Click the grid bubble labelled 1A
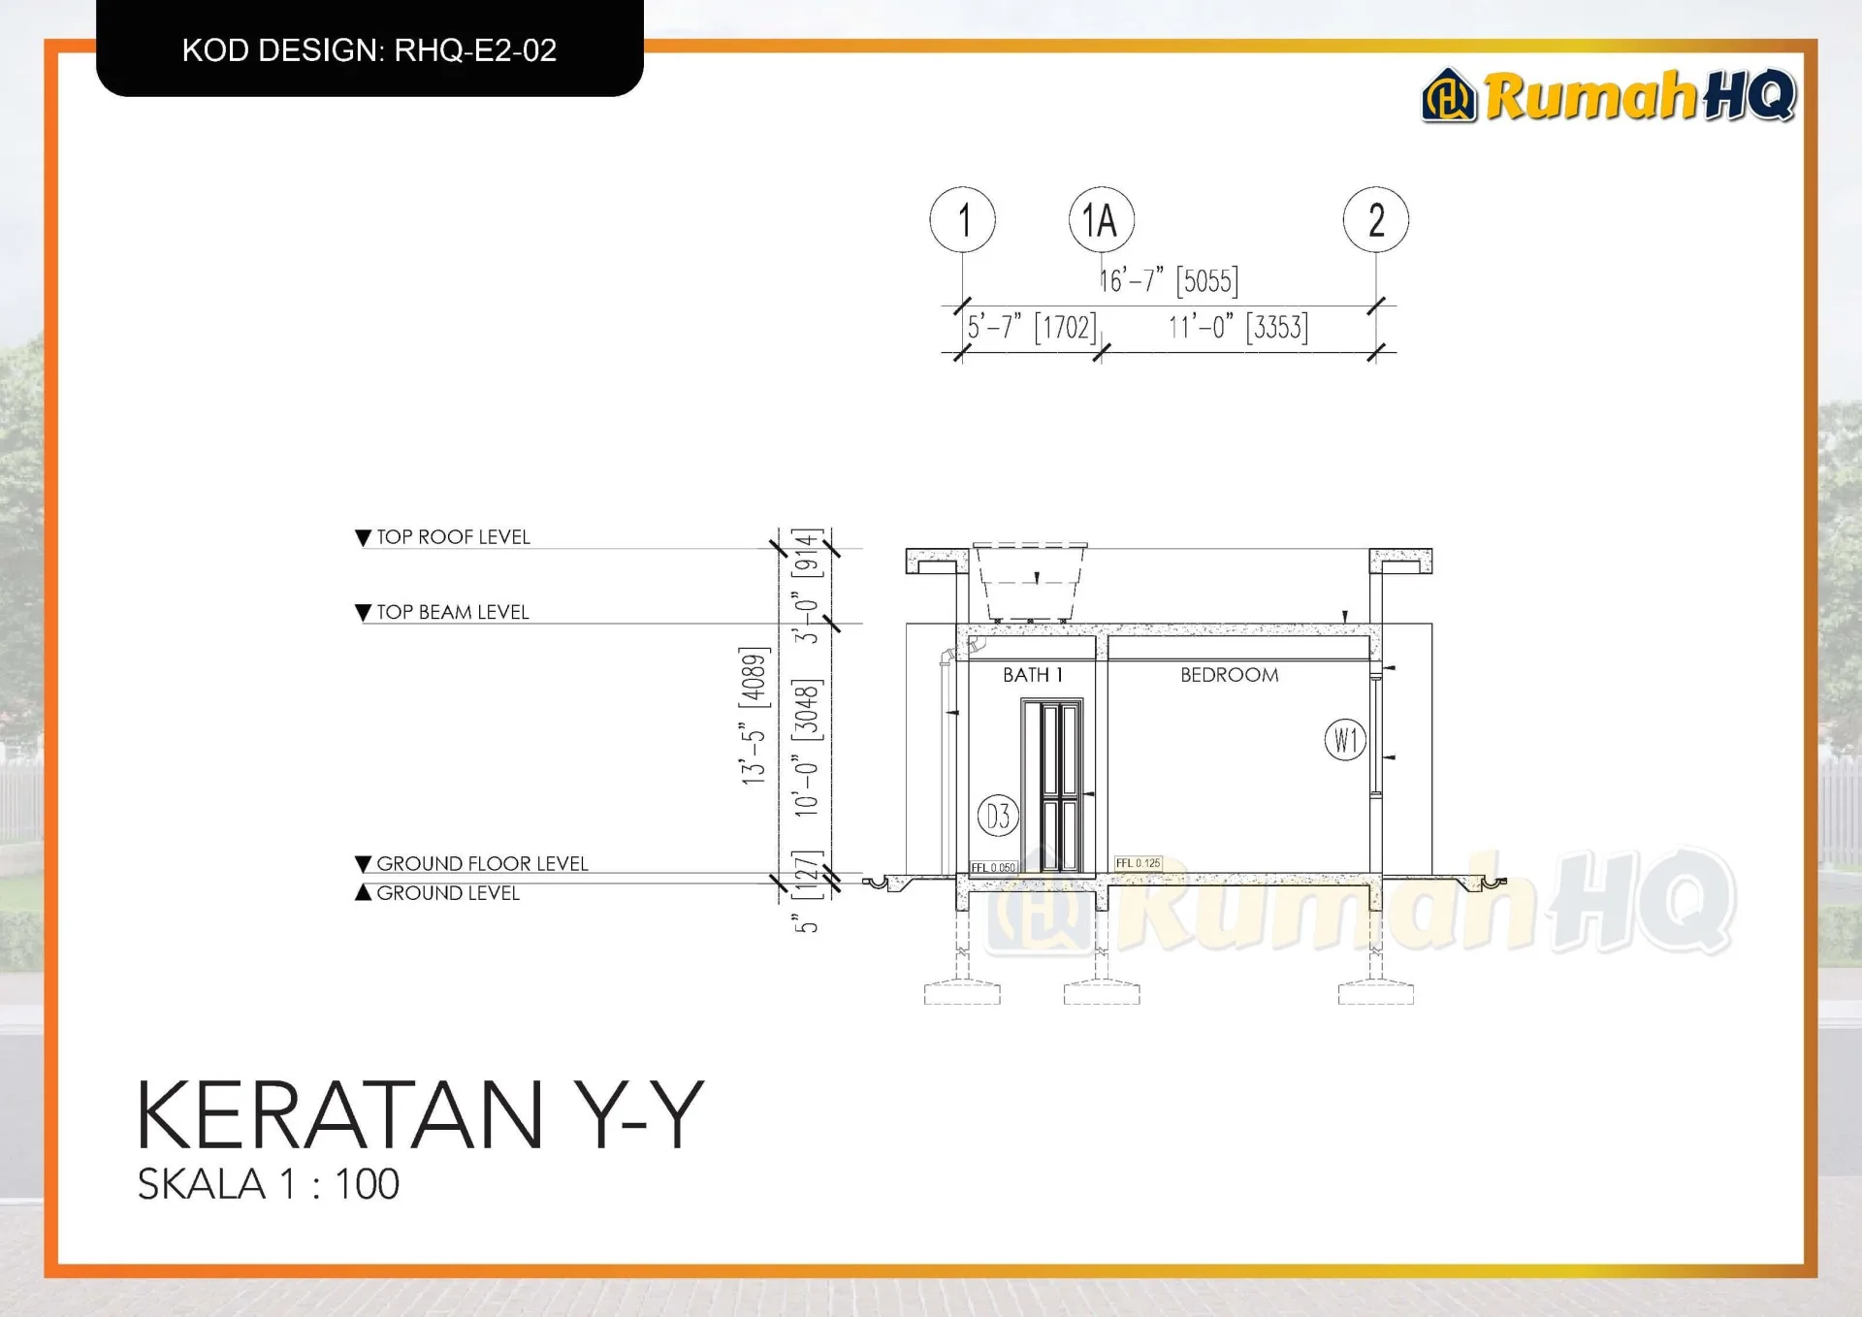[1101, 220]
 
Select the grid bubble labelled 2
[1375, 220]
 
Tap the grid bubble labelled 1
[962, 220]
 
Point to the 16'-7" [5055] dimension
[1169, 281]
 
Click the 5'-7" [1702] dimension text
[1031, 328]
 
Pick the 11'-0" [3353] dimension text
[1237, 328]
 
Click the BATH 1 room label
[1033, 675]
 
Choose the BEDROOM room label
[1229, 675]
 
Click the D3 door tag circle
[998, 817]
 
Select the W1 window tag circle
[1345, 740]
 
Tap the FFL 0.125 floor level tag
[1138, 863]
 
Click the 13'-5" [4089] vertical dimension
[754, 715]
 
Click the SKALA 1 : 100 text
[269, 1184]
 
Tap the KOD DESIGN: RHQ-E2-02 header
[369, 50]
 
